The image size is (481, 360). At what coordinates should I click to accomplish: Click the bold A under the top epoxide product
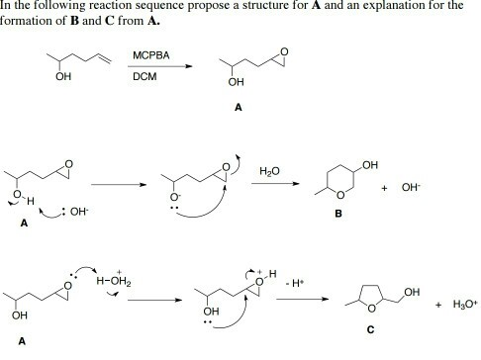[x=237, y=109]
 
